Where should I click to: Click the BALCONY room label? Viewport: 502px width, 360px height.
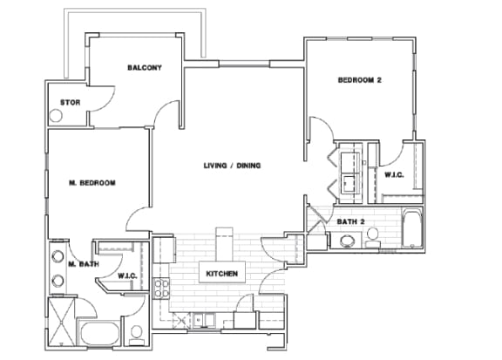[145, 68]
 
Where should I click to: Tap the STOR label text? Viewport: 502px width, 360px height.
[70, 103]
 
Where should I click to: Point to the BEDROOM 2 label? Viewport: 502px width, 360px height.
[360, 79]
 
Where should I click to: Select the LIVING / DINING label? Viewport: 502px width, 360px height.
[232, 166]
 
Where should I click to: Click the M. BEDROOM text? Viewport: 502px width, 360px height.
[92, 183]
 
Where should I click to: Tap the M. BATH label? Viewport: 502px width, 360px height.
[84, 264]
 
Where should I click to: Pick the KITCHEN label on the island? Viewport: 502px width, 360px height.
[222, 274]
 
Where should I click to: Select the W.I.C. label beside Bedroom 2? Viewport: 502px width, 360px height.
[394, 175]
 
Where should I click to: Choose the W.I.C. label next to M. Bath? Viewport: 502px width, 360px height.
[127, 275]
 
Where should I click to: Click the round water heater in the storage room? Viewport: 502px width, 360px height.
[56, 116]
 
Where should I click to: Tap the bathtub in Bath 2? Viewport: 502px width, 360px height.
[412, 228]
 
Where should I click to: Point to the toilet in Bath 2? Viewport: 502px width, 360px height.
[372, 238]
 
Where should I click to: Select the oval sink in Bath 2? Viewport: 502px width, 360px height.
[347, 241]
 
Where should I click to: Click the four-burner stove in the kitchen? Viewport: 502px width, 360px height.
[161, 289]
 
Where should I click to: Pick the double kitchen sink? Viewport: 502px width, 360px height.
[204, 320]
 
